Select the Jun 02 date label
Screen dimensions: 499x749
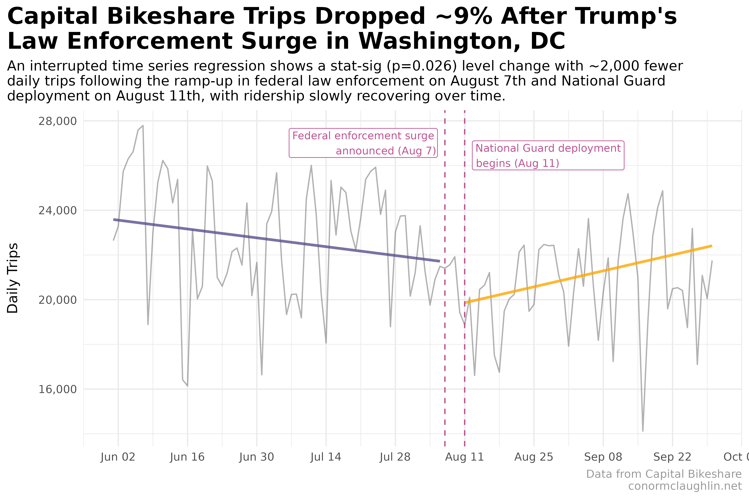tap(118, 457)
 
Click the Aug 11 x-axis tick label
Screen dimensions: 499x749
tap(464, 457)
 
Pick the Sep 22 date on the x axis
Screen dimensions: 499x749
tap(672, 457)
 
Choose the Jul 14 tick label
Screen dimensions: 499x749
tap(326, 457)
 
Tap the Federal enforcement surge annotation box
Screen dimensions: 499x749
tap(363, 143)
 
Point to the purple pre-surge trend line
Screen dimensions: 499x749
tap(277, 240)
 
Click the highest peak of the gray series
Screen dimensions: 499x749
tap(143, 126)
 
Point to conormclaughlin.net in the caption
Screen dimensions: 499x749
tap(685, 486)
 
